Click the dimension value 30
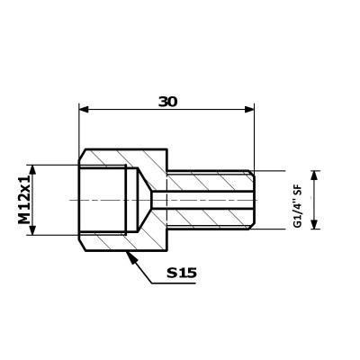click(168, 102)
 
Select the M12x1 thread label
click(24, 200)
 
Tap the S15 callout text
click(182, 273)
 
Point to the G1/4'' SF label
click(298, 207)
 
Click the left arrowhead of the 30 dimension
click(84, 110)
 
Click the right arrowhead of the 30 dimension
click(249, 110)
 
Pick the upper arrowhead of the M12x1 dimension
click(32, 169)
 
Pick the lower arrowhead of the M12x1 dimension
click(32, 230)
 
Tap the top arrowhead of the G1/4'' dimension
click(314, 175)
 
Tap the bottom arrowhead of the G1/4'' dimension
click(314, 224)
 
